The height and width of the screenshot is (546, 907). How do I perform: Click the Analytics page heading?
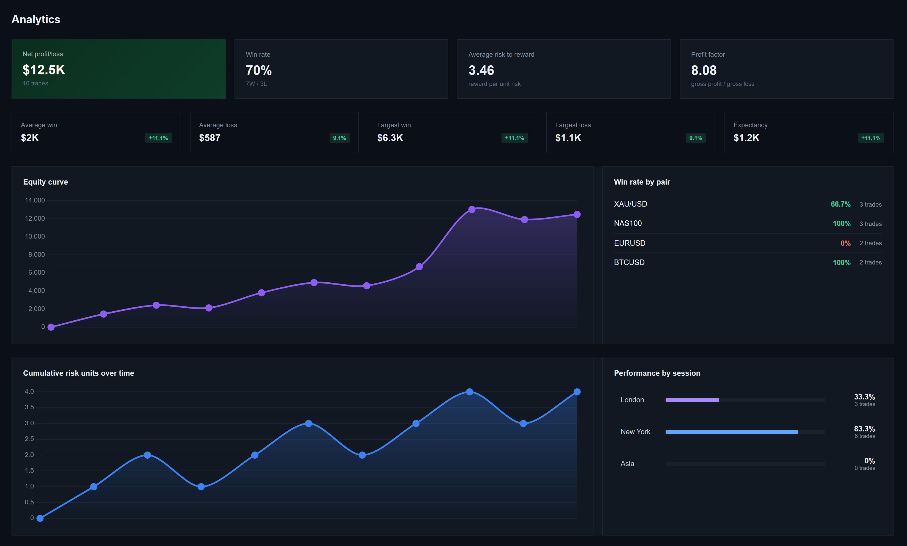(36, 20)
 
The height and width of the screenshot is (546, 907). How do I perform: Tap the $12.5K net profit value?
(44, 70)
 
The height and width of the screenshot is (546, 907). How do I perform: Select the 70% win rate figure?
(258, 70)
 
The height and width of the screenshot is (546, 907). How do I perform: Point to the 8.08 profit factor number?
(703, 70)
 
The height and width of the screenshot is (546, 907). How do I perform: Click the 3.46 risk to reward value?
(481, 70)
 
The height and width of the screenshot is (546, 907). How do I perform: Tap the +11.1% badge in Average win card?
(158, 138)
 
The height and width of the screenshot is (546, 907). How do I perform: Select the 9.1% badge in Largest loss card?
(695, 138)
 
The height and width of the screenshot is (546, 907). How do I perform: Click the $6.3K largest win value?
(390, 138)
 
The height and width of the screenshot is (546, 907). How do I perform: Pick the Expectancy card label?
(750, 125)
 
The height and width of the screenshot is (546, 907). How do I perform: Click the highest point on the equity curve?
(472, 209)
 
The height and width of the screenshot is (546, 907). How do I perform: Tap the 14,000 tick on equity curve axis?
(35, 200)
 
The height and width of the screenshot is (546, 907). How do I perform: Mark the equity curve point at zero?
(51, 327)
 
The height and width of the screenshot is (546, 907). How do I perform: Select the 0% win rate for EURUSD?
(845, 243)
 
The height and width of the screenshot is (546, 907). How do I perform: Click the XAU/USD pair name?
(630, 204)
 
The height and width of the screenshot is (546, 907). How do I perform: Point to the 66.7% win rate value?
(840, 204)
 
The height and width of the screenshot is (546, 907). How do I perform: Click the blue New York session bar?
(731, 432)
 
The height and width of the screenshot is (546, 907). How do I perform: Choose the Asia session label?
(627, 464)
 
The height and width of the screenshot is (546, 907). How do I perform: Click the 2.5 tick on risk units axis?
(29, 439)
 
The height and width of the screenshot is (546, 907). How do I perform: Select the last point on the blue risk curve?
(577, 392)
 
